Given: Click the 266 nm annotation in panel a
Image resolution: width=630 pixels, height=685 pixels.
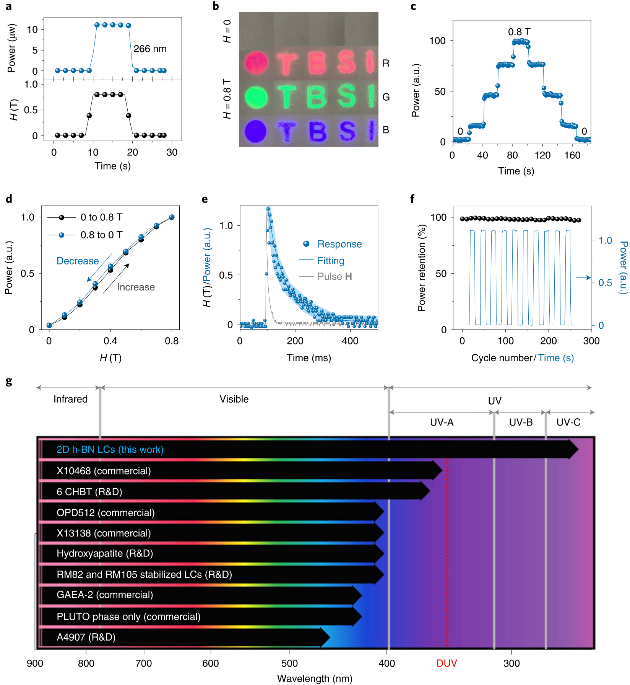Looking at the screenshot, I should [x=150, y=49].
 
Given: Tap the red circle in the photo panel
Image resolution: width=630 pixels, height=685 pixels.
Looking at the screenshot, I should [x=256, y=62].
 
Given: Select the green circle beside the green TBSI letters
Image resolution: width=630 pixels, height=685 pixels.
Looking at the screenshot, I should [x=256, y=96].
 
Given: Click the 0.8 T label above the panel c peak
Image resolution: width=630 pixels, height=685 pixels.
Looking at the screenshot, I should [x=519, y=32].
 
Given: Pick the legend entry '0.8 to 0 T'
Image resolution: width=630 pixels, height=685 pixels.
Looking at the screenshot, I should [x=101, y=235].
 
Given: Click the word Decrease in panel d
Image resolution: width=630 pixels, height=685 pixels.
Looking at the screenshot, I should [x=78, y=261].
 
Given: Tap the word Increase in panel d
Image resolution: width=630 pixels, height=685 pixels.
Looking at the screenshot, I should [x=136, y=287].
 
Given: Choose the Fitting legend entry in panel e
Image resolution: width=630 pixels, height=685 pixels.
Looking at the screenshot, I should [x=331, y=261].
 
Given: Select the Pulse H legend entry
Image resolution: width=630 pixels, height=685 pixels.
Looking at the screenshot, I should [x=334, y=276].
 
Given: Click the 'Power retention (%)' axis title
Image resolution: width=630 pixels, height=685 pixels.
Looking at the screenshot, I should [x=422, y=268].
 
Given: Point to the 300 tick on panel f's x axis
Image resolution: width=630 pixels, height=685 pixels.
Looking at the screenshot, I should [x=591, y=341].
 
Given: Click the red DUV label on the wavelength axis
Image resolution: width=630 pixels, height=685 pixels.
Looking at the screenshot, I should [x=447, y=663].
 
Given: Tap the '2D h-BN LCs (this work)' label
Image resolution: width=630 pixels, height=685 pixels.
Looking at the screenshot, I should [x=110, y=449].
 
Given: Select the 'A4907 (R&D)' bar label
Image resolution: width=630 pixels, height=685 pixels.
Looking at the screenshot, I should [x=86, y=637].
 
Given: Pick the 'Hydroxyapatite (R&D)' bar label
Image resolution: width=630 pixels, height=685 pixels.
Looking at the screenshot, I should [x=105, y=553].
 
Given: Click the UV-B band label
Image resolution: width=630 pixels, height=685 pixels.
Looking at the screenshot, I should [x=521, y=422].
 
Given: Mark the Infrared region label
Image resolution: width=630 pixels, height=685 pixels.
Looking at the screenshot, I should [x=70, y=399].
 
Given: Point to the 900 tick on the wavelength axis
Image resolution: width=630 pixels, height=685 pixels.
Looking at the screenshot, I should [x=35, y=663].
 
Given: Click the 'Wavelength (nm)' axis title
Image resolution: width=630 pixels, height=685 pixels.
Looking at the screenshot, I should [x=315, y=678].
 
